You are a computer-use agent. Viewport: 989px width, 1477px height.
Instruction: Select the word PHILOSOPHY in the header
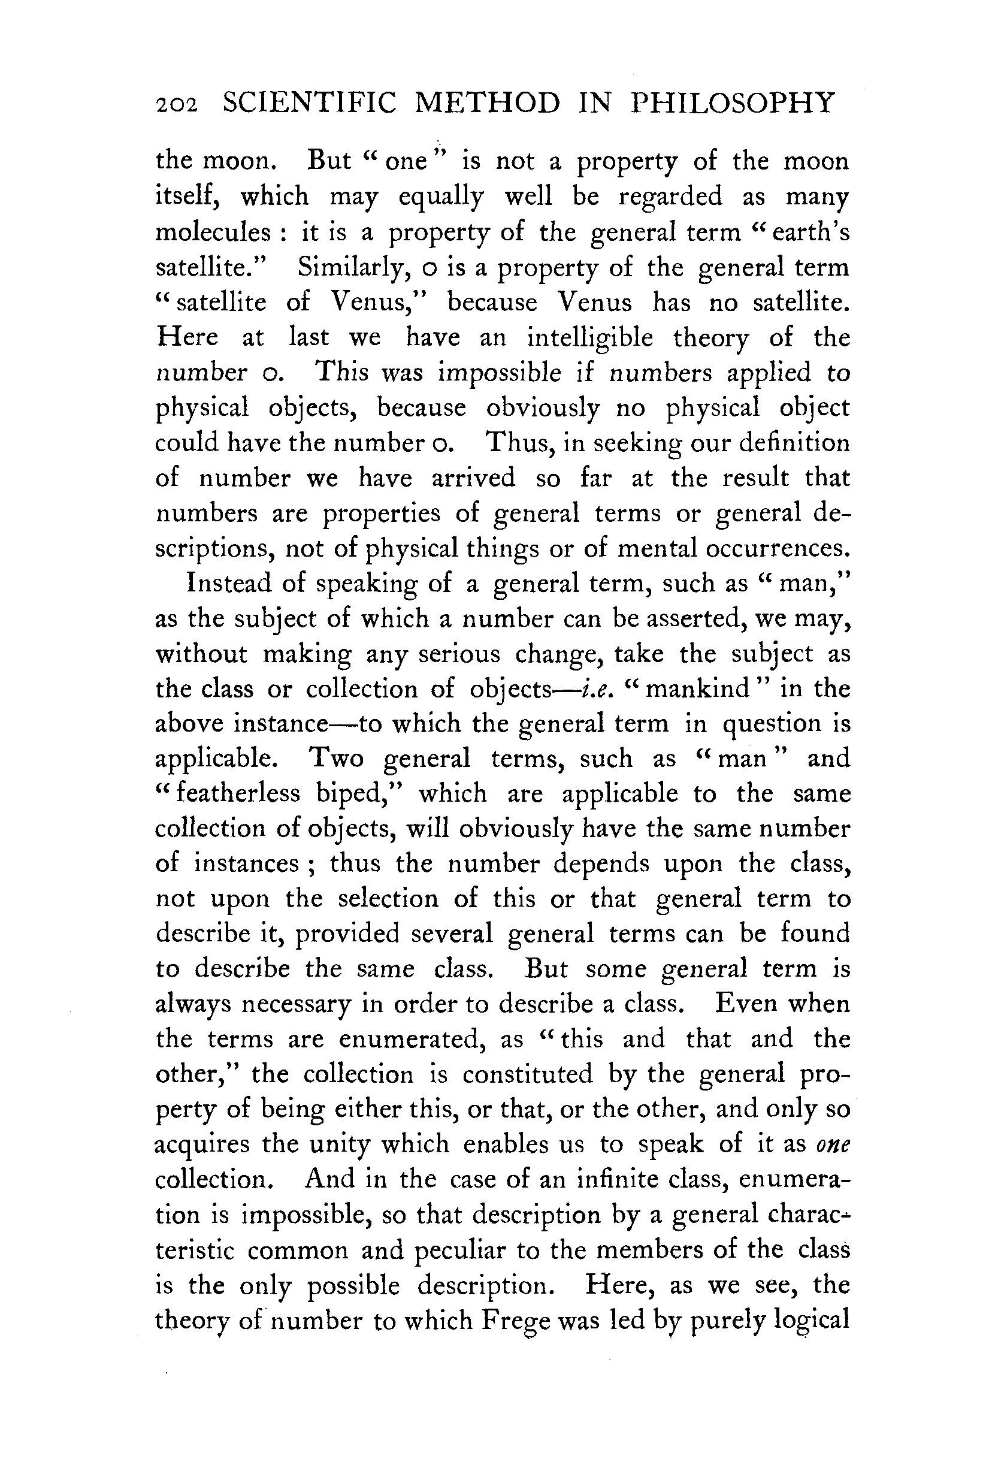(x=733, y=103)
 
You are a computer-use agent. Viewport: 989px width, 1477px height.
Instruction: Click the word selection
(x=388, y=898)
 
